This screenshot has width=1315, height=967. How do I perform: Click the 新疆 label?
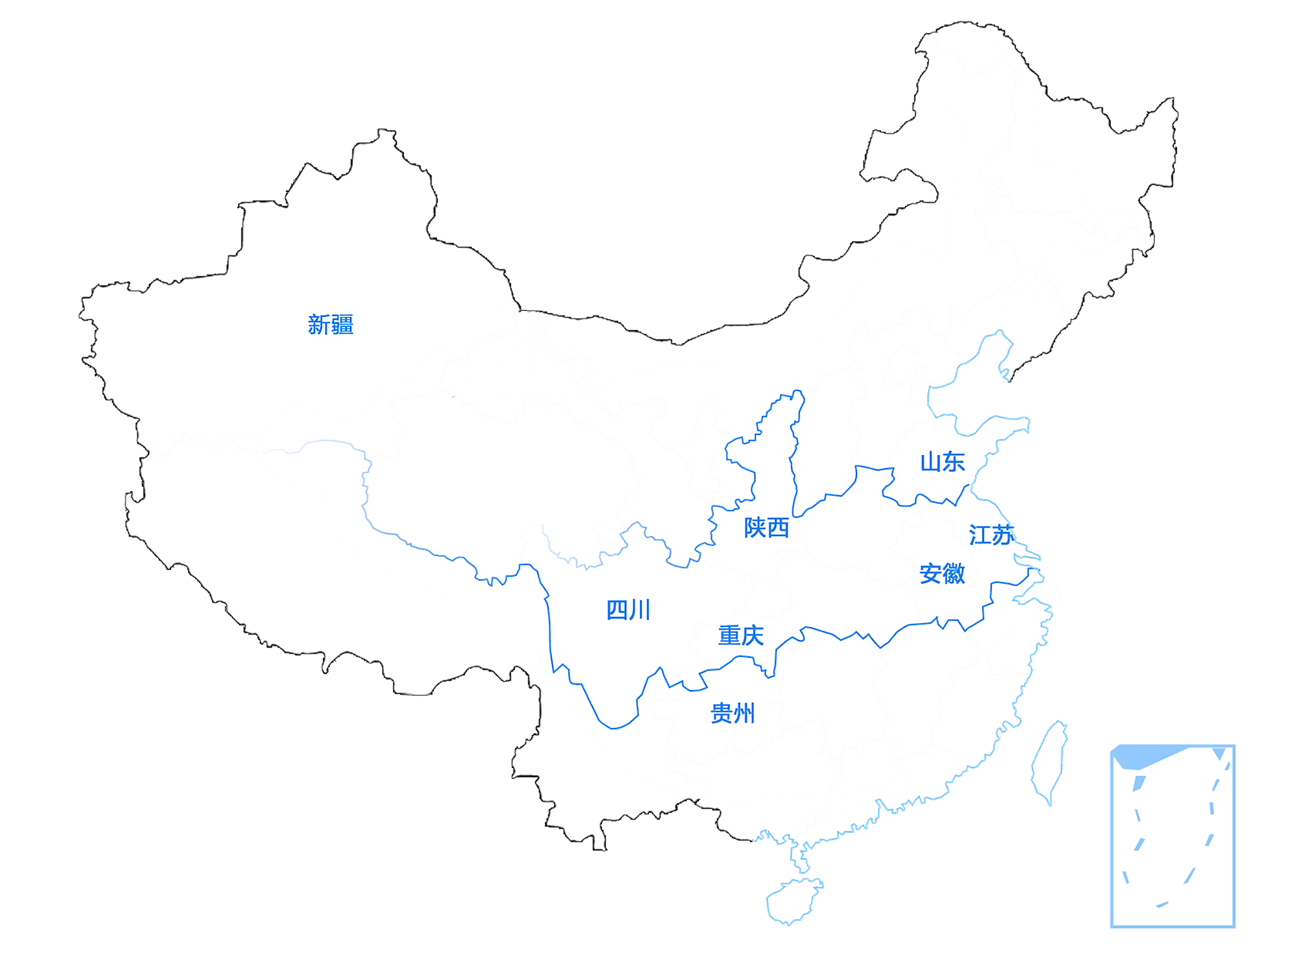(x=330, y=325)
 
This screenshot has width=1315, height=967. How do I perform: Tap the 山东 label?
(x=942, y=462)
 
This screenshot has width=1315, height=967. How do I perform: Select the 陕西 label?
(x=766, y=528)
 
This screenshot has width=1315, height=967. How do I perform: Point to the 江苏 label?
(x=990, y=534)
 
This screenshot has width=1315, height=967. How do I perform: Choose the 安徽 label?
(x=942, y=574)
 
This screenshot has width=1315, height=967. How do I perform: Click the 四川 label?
(x=628, y=610)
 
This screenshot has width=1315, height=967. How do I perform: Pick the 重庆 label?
(x=740, y=635)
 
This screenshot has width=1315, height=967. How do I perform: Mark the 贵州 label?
(x=732, y=714)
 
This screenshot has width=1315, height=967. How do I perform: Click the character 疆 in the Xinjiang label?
(x=341, y=325)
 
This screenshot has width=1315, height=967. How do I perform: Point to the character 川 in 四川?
(x=640, y=610)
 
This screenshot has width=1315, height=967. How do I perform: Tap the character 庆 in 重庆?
(x=752, y=635)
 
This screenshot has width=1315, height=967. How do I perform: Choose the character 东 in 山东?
(x=954, y=462)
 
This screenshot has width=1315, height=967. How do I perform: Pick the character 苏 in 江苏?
(x=1002, y=534)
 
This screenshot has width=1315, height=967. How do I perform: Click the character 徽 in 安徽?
(x=954, y=574)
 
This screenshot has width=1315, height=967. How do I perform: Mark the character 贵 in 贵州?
(x=721, y=714)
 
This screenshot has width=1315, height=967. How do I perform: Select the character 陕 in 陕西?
(x=755, y=528)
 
